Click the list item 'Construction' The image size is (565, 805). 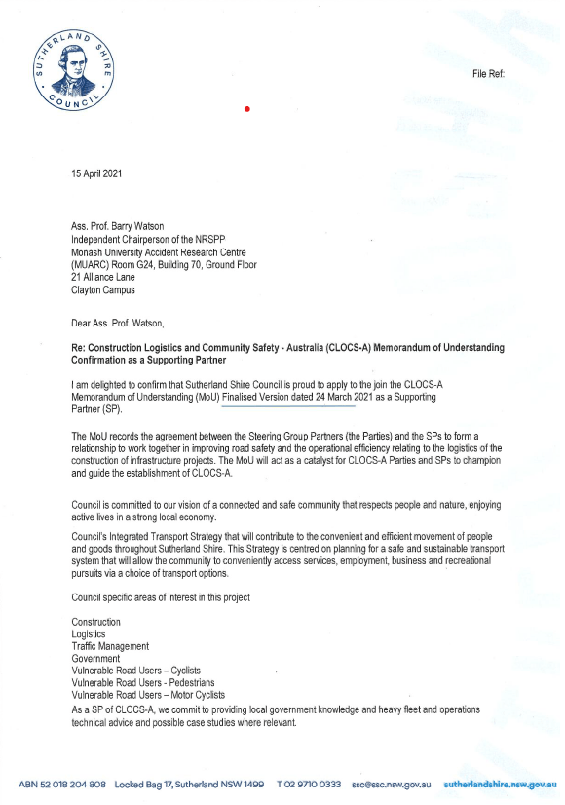pos(96,621)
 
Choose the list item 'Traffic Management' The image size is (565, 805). pos(110,645)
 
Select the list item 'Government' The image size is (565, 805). pos(96,658)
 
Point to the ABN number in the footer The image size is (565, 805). pos(61,784)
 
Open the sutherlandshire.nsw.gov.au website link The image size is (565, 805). pos(500,784)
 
